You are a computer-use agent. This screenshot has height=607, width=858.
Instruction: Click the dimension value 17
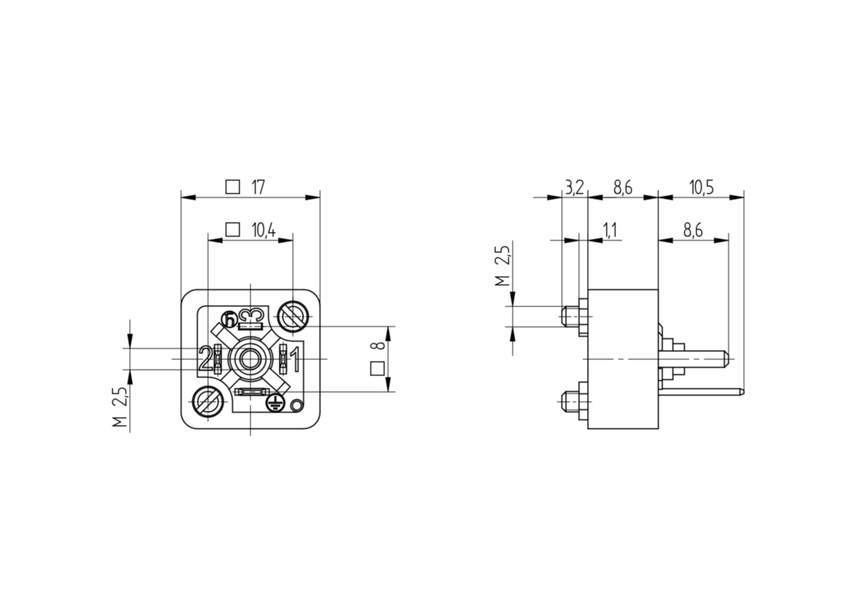click(258, 188)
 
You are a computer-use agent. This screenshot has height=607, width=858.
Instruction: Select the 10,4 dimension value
click(264, 230)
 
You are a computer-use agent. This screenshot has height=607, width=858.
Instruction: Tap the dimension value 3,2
click(575, 188)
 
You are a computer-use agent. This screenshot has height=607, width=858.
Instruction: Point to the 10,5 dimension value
click(701, 188)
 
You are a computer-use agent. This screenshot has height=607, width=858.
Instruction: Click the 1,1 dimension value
click(610, 230)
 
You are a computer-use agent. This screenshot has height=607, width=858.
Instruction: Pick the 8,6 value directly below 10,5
click(693, 230)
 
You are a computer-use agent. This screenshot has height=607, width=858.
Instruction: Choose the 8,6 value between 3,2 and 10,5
click(623, 188)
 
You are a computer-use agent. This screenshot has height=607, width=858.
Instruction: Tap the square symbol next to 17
click(232, 187)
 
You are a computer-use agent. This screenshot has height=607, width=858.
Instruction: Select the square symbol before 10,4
click(232, 230)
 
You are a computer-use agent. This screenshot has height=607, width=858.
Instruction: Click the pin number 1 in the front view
click(295, 359)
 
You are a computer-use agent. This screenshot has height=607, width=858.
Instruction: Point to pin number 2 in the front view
click(206, 358)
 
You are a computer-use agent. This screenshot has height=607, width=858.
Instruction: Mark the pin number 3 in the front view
click(251, 316)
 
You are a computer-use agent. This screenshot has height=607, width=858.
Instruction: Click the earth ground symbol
click(275, 402)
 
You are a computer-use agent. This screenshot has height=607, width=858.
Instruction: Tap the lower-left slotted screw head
click(208, 401)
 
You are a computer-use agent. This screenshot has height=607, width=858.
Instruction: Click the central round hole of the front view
click(250, 359)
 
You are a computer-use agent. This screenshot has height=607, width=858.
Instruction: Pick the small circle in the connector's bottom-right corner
click(297, 405)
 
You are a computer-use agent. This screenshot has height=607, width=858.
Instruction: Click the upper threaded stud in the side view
click(570, 316)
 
